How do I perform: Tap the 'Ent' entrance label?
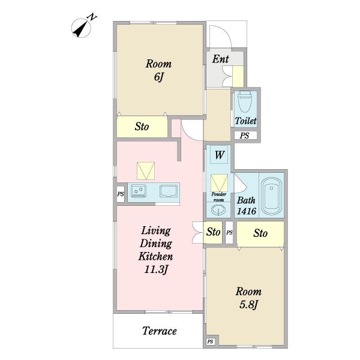pyautogui.click(x=220, y=59)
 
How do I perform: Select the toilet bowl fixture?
pyautogui.click(x=245, y=101)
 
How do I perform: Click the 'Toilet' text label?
pyautogui.click(x=245, y=121)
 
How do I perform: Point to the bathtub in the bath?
pyautogui.click(x=271, y=196)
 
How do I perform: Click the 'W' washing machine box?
pyautogui.click(x=219, y=155)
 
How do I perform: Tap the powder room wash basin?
pyautogui.click(x=218, y=209)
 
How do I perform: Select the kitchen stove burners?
pyautogui.click(x=139, y=191)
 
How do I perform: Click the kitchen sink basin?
pyautogui.click(x=169, y=191)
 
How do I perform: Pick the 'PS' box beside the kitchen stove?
pyautogui.click(x=121, y=194)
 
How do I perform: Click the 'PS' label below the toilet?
pyautogui.click(x=244, y=136)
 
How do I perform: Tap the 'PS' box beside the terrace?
pyautogui.click(x=211, y=341)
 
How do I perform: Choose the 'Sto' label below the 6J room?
pyautogui.click(x=142, y=127)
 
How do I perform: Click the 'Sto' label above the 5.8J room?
pyautogui.click(x=260, y=233)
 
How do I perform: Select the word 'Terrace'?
pyautogui.click(x=160, y=331)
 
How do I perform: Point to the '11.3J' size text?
pyautogui.click(x=156, y=269)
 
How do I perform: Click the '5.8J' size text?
pyautogui.click(x=248, y=305)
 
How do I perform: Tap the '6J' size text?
pyautogui.click(x=158, y=77)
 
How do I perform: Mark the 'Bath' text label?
pyautogui.click(x=246, y=200)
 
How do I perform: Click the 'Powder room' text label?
pyautogui.click(x=218, y=197)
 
